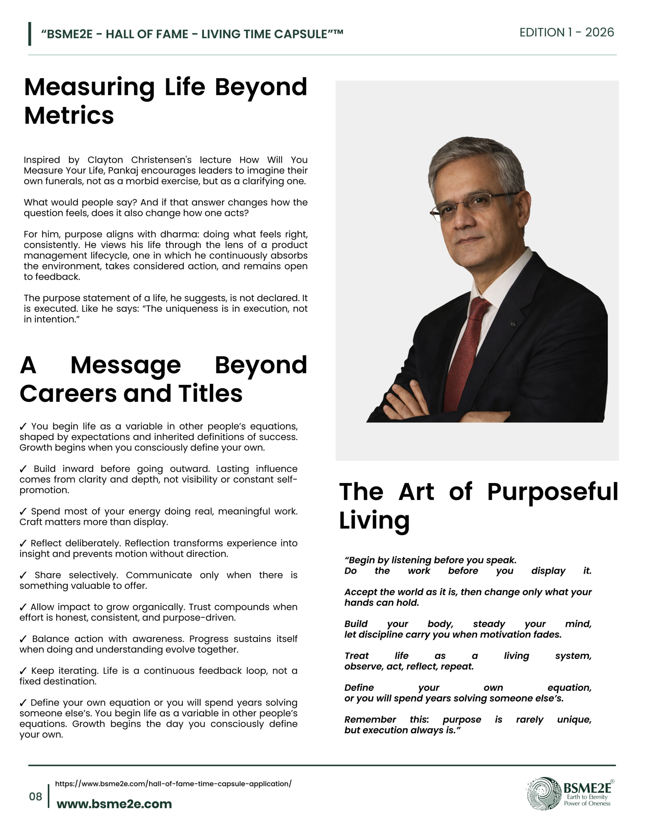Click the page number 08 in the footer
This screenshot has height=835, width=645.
point(35,797)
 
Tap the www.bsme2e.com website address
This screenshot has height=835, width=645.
point(114,804)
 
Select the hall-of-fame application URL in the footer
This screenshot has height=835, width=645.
point(173,784)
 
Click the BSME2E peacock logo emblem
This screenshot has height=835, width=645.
point(544,794)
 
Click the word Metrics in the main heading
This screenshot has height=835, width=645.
point(69,115)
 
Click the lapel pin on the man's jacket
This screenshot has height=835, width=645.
point(513,324)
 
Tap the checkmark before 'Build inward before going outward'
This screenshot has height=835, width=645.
point(23,469)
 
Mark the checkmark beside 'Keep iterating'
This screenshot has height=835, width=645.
point(23,671)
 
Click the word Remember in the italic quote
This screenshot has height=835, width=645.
point(370,720)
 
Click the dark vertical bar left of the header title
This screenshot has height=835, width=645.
point(29,34)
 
